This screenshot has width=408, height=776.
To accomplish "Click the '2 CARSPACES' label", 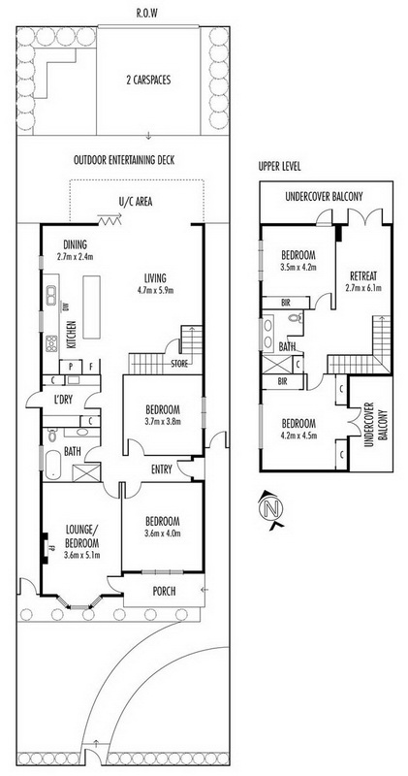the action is point(148,80).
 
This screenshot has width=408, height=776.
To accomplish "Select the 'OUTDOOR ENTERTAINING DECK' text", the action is point(124,160).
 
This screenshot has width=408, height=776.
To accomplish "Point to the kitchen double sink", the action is point(50,296).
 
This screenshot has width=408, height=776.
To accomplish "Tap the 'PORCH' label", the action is point(164,591).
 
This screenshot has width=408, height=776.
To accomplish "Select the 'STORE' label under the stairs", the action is point(179,365).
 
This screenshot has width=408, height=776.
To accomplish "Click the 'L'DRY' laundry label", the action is point(62,400).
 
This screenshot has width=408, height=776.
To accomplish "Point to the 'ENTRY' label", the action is point(162,469).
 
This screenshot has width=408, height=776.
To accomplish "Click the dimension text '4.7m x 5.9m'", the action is point(155,290).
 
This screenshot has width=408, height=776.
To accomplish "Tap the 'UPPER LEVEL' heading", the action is point(279,167).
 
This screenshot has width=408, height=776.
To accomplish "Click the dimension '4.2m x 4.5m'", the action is point(298,436).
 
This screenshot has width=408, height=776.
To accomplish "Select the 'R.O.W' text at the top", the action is point(147,14).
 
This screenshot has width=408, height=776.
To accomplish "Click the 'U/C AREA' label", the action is point(135,202).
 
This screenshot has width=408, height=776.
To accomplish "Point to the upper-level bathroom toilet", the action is point(296,318).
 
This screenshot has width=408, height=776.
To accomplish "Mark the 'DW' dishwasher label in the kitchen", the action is point(65,307).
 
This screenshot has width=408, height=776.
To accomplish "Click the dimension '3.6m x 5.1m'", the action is point(81,555).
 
